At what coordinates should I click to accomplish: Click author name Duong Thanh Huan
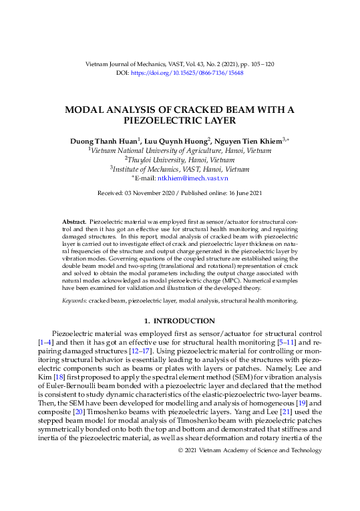[104, 141]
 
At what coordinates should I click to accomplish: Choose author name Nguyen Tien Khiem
[248, 141]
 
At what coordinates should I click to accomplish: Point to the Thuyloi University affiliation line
[180, 160]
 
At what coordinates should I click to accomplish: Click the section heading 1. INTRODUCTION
[180, 319]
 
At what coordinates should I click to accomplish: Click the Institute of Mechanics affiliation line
[180, 170]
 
